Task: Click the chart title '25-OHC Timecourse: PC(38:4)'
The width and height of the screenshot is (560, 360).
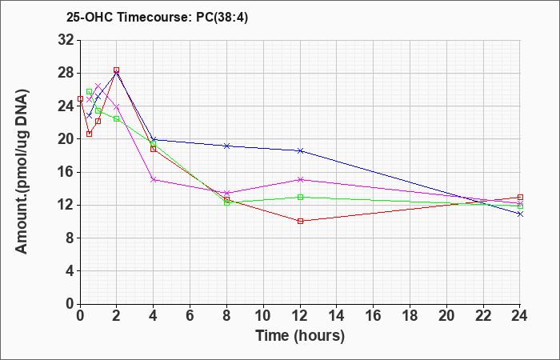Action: (157, 17)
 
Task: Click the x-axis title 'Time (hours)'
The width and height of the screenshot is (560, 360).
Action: (300, 336)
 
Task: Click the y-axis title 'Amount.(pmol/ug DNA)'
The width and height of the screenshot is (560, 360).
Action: (22, 172)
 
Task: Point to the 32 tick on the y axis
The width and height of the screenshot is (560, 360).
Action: (66, 40)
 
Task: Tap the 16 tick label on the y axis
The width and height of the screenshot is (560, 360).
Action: (66, 172)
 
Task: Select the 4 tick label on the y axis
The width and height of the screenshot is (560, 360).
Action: (70, 271)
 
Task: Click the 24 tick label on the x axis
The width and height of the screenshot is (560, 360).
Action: (520, 315)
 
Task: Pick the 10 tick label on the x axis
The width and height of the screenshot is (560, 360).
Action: (263, 315)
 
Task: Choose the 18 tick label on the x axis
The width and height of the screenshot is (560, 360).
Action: (410, 315)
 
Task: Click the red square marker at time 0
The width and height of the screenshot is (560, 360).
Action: (80, 98)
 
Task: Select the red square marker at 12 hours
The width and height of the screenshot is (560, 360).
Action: (300, 221)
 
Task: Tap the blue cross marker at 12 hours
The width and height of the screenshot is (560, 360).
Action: (300, 150)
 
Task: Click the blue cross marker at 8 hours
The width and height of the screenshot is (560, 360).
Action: (226, 146)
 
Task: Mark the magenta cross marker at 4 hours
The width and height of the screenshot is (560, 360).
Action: (154, 179)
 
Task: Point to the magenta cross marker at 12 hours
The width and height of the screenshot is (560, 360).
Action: (300, 179)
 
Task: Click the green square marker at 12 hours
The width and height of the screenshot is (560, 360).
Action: (300, 197)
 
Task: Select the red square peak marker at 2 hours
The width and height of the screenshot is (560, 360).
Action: (117, 70)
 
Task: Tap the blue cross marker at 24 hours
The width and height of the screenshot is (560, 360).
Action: (520, 214)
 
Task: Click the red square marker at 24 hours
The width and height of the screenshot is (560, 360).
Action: (520, 197)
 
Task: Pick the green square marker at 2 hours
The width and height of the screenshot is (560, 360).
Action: (117, 118)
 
